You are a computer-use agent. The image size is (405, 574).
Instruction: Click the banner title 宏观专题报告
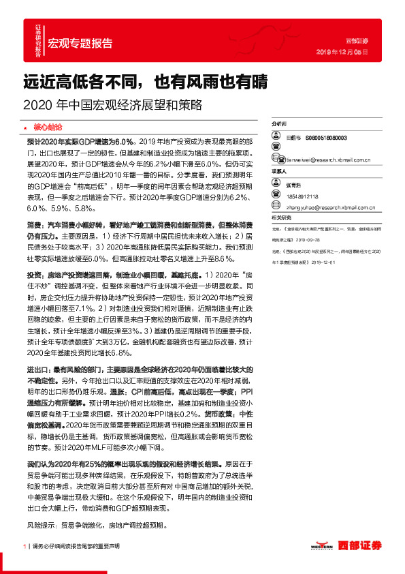click(80, 44)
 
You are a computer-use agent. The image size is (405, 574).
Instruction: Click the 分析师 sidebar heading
click(280, 125)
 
